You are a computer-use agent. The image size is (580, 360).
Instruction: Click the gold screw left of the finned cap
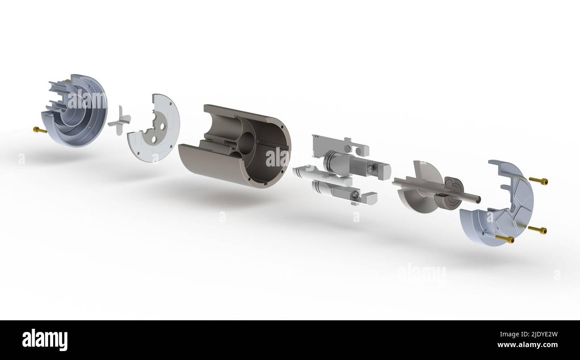[x=40, y=130]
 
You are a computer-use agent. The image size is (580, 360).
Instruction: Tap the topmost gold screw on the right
[x=538, y=181]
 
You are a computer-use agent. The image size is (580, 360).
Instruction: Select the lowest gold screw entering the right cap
[x=505, y=239]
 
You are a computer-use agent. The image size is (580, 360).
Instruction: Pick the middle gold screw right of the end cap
[x=537, y=230]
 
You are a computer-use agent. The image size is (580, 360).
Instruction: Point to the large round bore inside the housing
[x=245, y=143]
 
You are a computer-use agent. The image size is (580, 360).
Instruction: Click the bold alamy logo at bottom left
[x=45, y=340]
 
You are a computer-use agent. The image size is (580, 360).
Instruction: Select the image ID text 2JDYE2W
[x=539, y=334]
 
